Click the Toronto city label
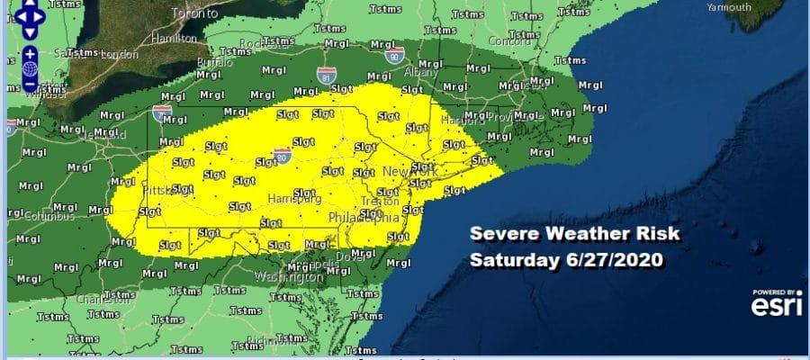tap(195, 15)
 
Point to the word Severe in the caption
tap(499, 237)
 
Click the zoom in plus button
tap(30, 53)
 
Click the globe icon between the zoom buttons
tap(30, 68)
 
